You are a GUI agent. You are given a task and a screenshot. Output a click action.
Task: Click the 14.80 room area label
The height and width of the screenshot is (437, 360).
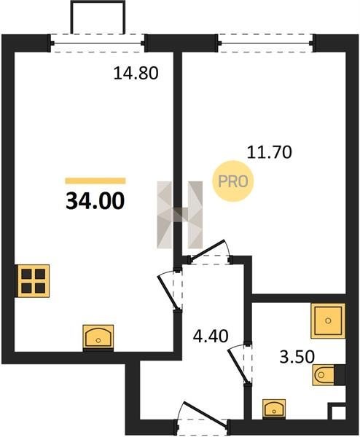coord(136,74)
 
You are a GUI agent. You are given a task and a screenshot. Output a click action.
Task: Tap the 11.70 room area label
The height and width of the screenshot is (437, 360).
coord(270,152)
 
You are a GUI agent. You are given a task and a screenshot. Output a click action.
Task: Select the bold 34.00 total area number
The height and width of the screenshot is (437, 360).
coord(95,201)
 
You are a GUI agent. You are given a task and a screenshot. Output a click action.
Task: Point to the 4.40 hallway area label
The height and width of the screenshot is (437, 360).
coord(211,336)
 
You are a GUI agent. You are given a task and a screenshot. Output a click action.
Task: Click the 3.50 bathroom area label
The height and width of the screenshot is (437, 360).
coord(297,357)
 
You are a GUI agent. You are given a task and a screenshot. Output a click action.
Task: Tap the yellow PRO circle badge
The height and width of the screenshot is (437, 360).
coord(233,181)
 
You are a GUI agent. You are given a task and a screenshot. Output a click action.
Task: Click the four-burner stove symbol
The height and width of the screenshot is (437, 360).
coord(34,280)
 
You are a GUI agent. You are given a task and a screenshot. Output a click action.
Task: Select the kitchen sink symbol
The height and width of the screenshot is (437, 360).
coord(98,337)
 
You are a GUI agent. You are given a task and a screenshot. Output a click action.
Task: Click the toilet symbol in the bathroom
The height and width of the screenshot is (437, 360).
coord(329,375)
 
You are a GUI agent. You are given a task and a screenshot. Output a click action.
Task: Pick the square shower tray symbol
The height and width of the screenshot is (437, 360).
coord(328,320)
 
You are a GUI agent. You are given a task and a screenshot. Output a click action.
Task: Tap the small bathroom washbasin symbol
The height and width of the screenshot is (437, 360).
coord(274,409)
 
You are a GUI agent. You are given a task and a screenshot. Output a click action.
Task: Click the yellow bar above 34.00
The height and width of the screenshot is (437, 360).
coord(95,181)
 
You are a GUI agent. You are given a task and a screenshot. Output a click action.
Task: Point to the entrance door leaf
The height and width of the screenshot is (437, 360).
coord(204,414)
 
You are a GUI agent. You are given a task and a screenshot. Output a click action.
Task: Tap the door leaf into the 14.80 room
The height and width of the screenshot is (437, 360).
coord(168,292)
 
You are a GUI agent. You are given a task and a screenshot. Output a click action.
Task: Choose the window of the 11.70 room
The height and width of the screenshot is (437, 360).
coord(266,43)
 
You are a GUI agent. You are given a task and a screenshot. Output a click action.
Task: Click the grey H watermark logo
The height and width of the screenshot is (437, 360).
coord(180,215)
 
